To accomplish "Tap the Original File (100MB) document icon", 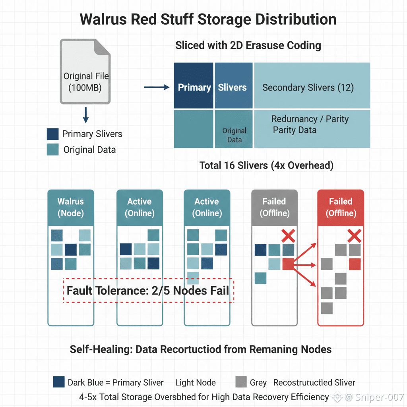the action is pos(85,72).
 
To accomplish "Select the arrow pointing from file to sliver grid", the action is pos(157,87).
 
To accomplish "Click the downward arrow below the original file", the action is pos(86,115).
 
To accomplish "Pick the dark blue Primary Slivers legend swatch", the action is pos(53,134).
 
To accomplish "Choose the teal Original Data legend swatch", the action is pos(53,150).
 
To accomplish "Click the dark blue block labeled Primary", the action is pos(194,85).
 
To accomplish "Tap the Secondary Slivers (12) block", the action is pos(312,85).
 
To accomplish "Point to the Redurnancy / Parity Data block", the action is pos(312,129).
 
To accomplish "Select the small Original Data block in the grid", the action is pos(234,129).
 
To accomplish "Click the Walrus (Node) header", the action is pos(71,207).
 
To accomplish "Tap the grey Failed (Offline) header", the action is pos(274,207).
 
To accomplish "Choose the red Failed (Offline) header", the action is pos(341,207).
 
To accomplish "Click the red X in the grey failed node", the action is pos(288,236).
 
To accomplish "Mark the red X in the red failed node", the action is pos(354,236).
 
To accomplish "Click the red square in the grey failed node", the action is pos(288,264).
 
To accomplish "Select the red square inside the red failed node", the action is pos(355,264).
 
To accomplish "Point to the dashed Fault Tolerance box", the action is pos(149,291).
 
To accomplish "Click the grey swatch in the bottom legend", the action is pos(241,382).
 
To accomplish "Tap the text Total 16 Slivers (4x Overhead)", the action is pos(266,165).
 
